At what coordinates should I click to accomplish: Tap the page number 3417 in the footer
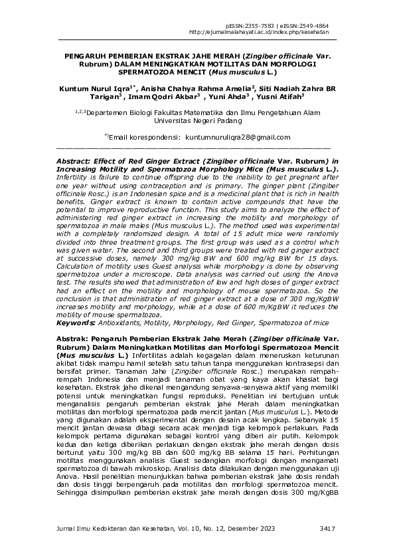pyautogui.click(x=328, y=528)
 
